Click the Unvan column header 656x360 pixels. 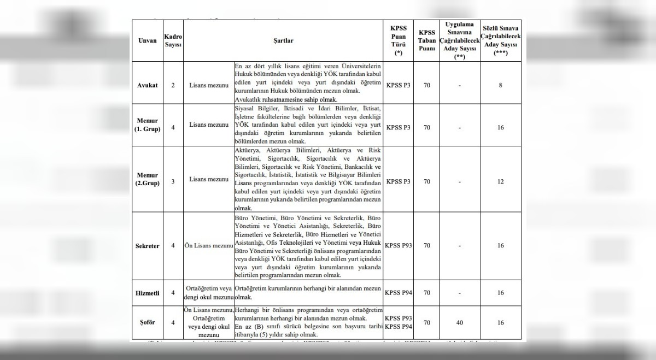click(x=148, y=40)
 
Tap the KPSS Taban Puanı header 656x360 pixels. click(x=427, y=40)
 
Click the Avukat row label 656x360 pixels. click(x=148, y=85)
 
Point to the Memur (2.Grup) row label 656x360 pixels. click(x=148, y=179)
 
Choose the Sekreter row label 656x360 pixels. click(x=148, y=246)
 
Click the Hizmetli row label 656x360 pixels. click(x=148, y=293)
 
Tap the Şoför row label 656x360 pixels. click(x=148, y=322)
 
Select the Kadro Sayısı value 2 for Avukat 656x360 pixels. click(x=173, y=85)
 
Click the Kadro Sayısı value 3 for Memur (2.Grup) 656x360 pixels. click(x=173, y=181)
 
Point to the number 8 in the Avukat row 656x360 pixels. click(x=500, y=85)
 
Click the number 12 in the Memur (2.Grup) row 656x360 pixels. click(x=500, y=181)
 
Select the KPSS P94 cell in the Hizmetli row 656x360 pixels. click(x=399, y=293)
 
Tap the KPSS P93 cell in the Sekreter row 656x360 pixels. click(x=399, y=246)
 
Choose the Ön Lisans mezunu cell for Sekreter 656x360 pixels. click(x=208, y=246)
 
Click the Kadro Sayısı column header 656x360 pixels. click(x=173, y=40)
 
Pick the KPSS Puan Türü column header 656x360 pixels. click(x=399, y=40)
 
